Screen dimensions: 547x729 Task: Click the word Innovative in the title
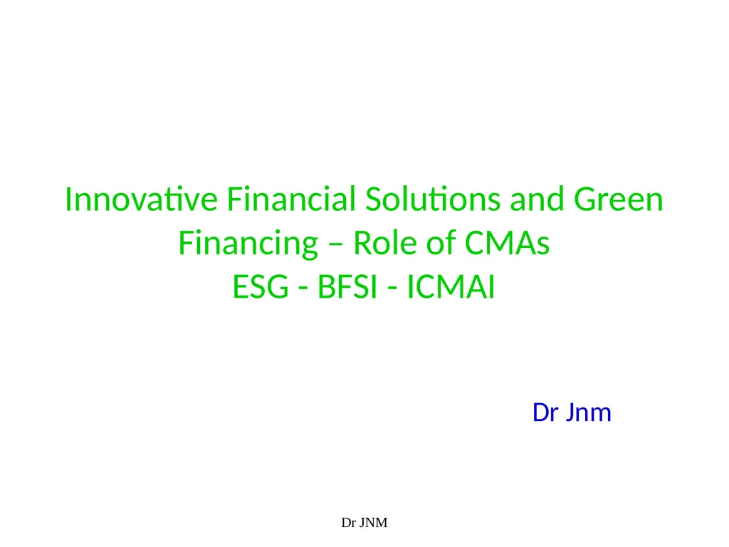[142, 199]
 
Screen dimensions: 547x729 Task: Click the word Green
[619, 199]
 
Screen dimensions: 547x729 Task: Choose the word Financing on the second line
[248, 244]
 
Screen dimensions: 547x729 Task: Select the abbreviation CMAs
[508, 244]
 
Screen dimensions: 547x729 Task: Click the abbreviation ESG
[261, 288]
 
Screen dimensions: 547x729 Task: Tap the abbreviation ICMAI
[450, 288]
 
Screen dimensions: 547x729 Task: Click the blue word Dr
[545, 412]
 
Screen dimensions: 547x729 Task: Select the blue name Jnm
[588, 412]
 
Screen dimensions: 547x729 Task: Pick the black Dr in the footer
[348, 523]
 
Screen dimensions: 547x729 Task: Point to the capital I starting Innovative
[68, 199]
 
